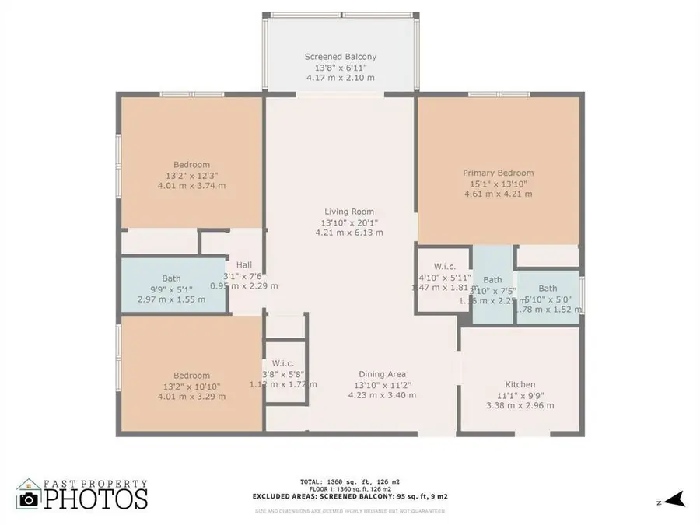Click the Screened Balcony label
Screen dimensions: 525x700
(340, 57)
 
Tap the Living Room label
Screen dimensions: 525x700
(349, 212)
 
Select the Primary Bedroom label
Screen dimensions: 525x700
(499, 173)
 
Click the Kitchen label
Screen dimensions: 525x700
(520, 384)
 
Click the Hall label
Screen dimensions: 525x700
(244, 264)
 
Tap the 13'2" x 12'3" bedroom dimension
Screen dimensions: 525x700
(191, 175)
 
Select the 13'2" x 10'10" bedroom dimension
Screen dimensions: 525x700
(191, 386)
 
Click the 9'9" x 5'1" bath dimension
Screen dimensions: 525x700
(172, 289)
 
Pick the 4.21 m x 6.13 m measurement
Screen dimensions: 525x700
(349, 233)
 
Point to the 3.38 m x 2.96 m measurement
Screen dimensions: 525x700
(520, 405)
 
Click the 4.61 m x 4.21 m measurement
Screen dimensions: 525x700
(499, 194)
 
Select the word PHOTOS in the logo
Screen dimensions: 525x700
(95, 499)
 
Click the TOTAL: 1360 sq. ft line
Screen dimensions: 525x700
(350, 481)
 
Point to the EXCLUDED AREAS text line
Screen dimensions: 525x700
(350, 496)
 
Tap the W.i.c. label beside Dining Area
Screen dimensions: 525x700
(282, 363)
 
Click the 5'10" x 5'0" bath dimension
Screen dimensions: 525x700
(548, 299)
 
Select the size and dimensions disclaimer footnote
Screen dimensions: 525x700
(350, 511)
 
